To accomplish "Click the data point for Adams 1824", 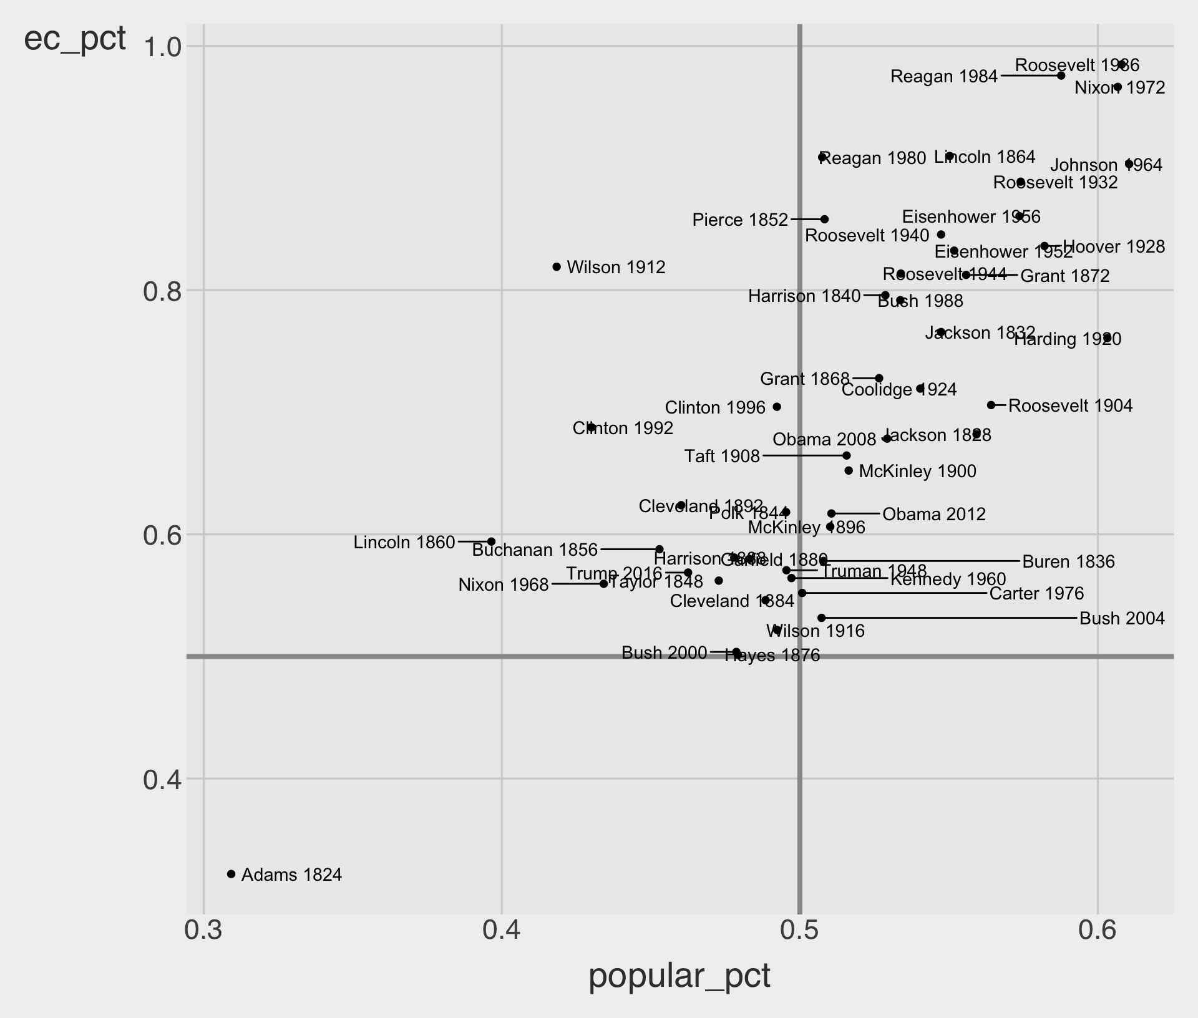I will click(231, 874).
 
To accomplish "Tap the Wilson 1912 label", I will click(616, 268).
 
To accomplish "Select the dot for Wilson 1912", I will click(557, 266).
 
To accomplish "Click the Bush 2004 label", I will click(1122, 619).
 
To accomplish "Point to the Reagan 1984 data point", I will click(1061, 76).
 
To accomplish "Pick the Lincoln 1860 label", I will click(404, 543).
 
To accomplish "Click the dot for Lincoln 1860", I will click(491, 541).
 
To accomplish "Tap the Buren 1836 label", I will click(1068, 562).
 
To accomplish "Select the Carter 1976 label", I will click(1036, 594).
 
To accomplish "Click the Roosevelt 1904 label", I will click(1070, 406).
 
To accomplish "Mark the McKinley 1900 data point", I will click(849, 470).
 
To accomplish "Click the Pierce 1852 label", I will click(740, 220).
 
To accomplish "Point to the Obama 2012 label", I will click(934, 515).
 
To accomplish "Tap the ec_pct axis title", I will click(75, 39).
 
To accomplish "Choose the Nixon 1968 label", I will click(504, 585).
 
